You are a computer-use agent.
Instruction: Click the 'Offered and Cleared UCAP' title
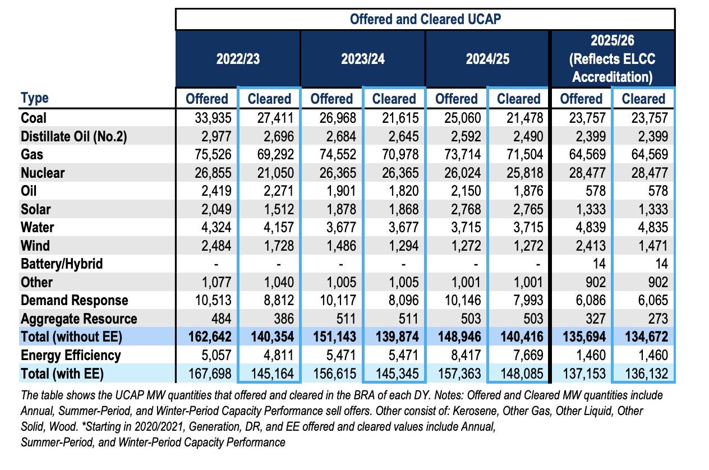(x=425, y=19)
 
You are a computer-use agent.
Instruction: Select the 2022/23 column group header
(x=238, y=59)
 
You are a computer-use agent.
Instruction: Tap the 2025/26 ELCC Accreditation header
(x=614, y=59)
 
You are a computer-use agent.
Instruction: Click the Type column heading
(x=35, y=98)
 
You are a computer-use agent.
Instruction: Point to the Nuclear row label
(x=43, y=173)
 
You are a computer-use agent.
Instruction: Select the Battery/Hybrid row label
(x=62, y=264)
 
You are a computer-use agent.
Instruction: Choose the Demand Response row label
(x=74, y=300)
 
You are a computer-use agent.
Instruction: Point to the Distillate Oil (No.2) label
(x=73, y=136)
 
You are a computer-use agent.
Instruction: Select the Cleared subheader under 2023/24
(x=394, y=99)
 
